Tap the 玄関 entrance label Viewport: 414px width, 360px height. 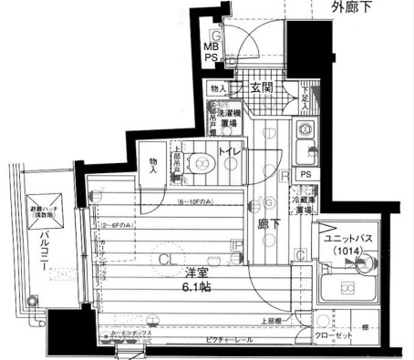coord(264,88)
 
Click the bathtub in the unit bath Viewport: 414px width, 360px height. coord(348,291)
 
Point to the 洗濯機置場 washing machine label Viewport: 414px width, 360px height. coord(229,119)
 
